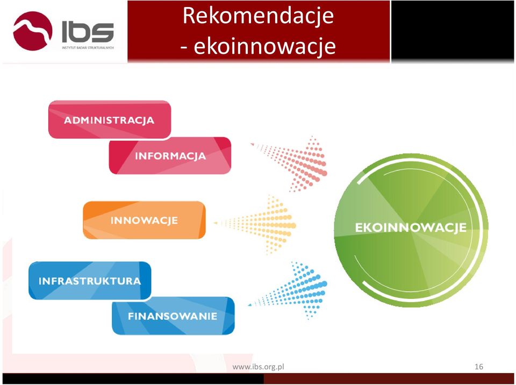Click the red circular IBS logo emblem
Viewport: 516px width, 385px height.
pos(33,31)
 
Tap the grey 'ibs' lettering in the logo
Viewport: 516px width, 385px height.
pos(88,32)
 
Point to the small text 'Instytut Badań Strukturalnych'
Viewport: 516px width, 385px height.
pos(88,48)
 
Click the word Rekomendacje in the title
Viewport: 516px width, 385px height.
pos(259,16)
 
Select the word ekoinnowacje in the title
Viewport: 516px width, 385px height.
pos(264,46)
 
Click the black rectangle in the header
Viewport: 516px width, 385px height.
pos(452,31)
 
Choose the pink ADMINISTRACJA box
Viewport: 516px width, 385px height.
pos(110,119)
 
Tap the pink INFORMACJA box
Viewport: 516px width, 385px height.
pos(170,155)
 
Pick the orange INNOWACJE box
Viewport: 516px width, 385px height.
pos(144,220)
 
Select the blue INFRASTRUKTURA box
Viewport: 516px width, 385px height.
pos(90,281)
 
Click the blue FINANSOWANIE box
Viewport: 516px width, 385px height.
pos(173,316)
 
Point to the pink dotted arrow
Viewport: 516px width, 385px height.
pos(289,163)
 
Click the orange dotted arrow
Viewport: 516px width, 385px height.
pos(255,225)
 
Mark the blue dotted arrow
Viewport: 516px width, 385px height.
pos(288,290)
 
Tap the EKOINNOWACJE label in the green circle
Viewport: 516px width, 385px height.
pos(411,227)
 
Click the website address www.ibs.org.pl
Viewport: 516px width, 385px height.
pos(259,367)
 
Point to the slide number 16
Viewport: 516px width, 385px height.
pos(479,367)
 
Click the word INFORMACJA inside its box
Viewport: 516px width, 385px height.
pos(170,156)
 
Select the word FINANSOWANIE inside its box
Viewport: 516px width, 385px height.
pos(173,316)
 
